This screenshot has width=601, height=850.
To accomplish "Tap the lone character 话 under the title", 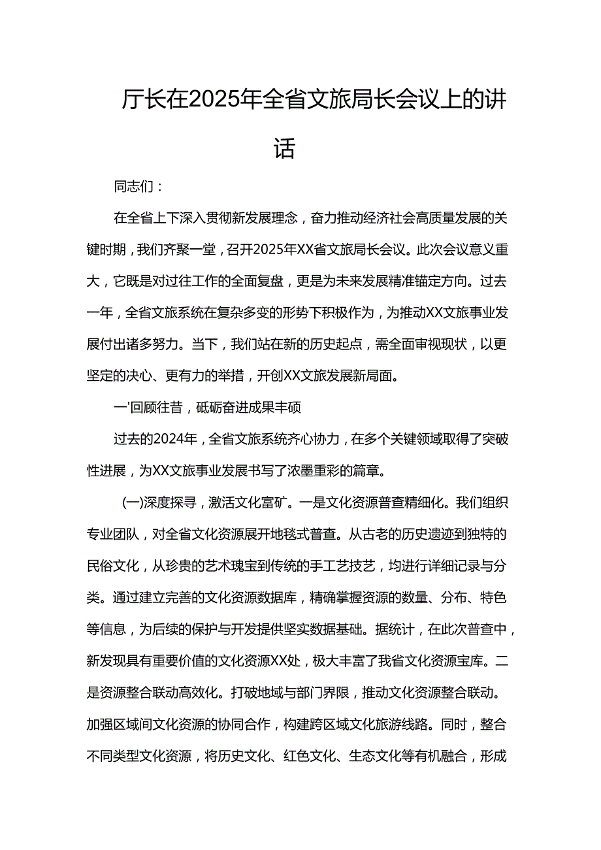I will pos(285,148).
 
